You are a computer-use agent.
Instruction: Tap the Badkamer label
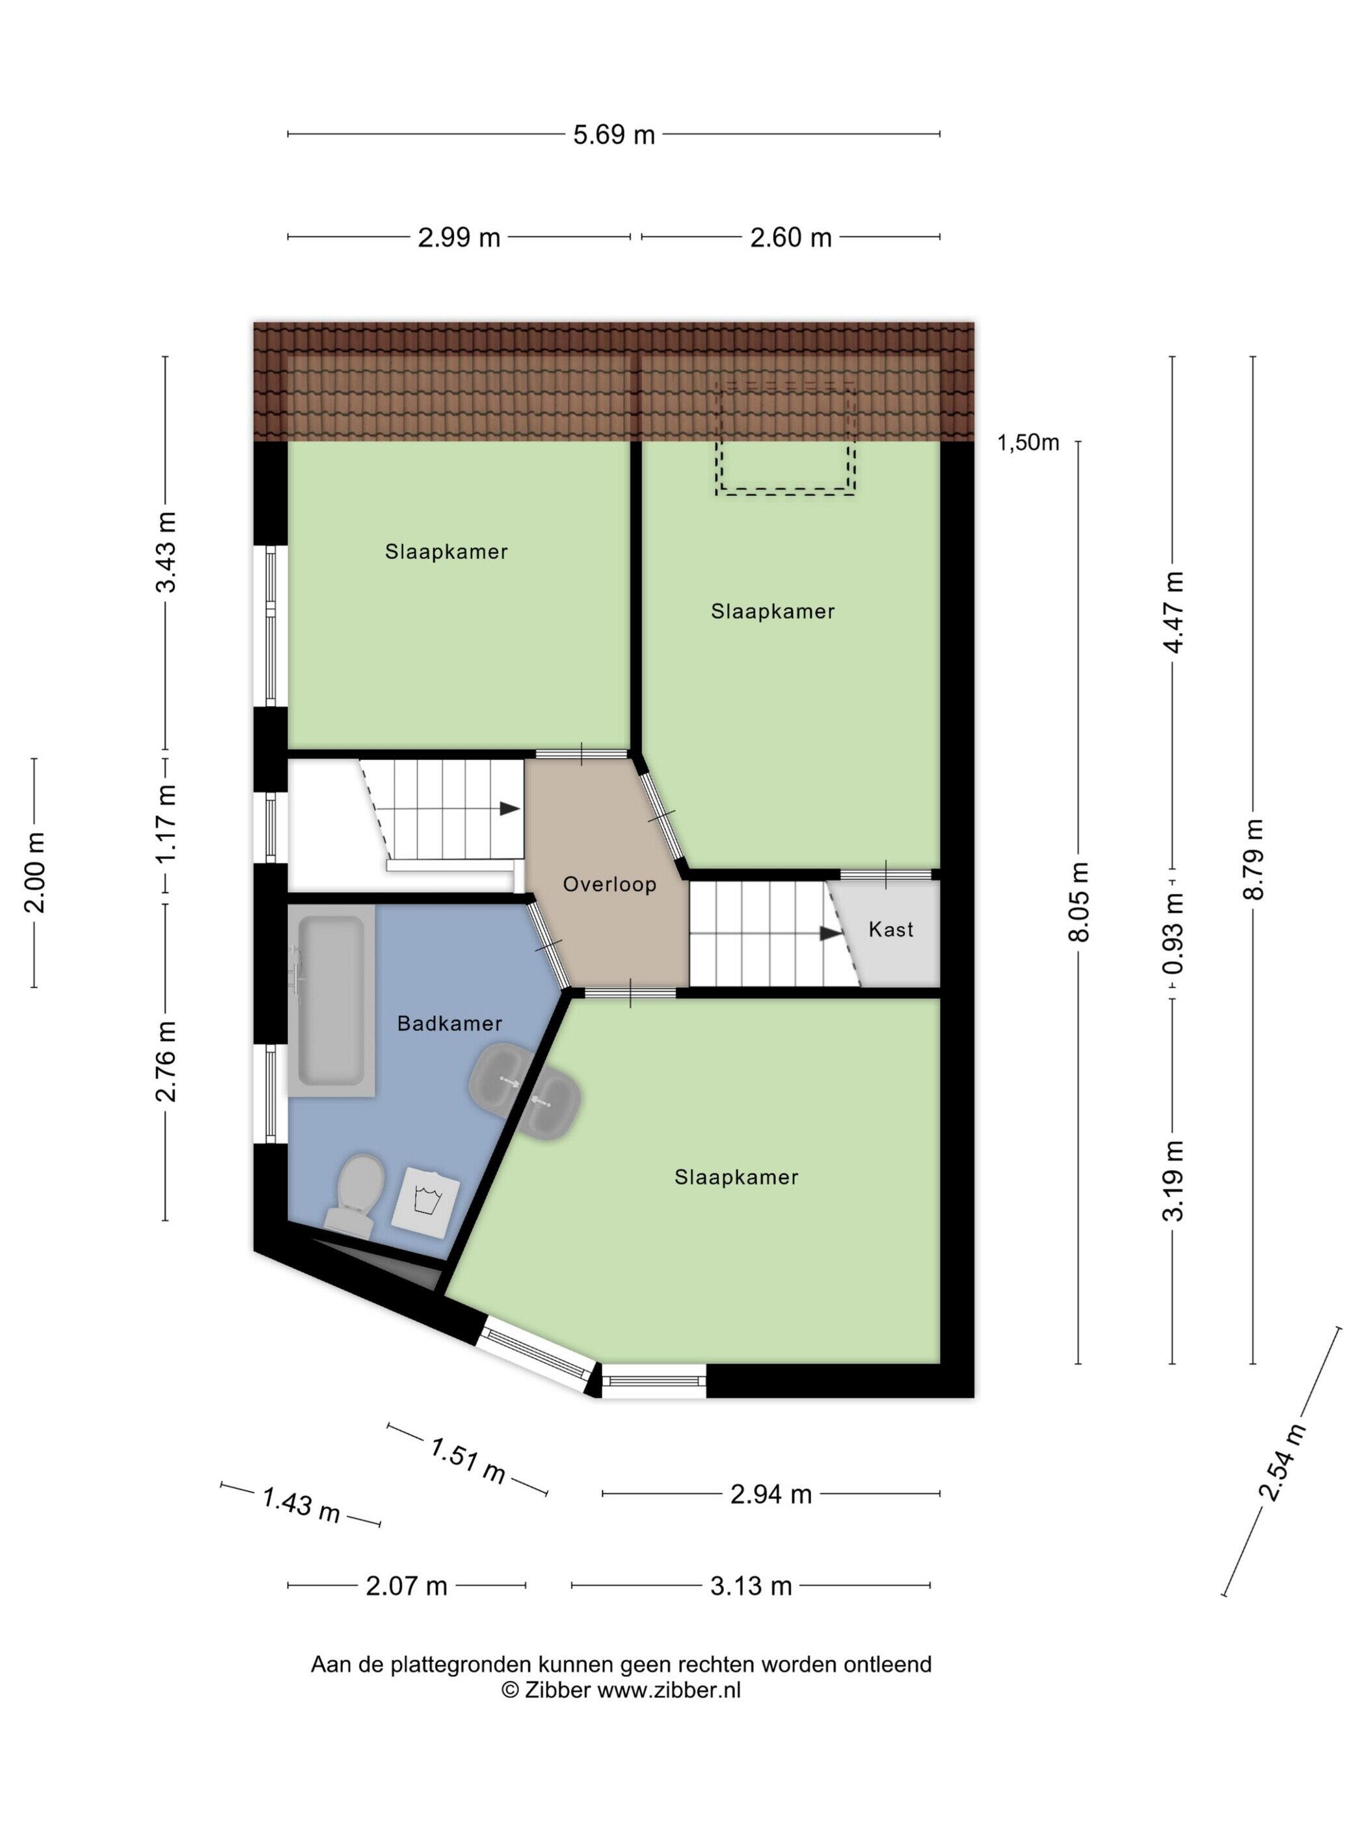449,1023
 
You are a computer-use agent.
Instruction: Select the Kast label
891,929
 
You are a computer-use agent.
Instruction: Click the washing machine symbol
425,1199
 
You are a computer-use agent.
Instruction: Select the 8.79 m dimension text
1254,860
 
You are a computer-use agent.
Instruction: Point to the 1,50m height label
1028,443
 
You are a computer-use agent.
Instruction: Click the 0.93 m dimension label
1173,934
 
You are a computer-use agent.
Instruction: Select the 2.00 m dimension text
34,873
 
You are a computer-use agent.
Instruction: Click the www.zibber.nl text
669,1691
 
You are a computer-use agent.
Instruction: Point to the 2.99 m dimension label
459,238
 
